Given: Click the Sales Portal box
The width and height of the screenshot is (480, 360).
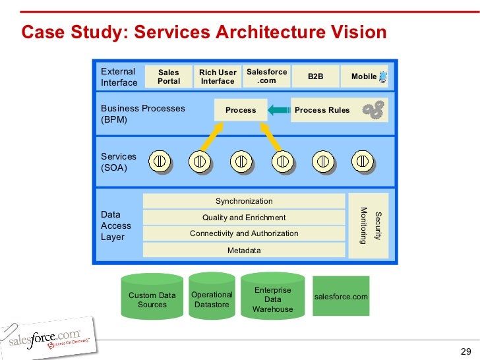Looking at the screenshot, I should pyautogui.click(x=169, y=76).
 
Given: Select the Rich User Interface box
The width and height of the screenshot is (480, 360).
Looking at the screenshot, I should pyautogui.click(x=218, y=76).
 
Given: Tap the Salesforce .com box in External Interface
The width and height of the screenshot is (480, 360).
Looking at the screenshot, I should pyautogui.click(x=267, y=76).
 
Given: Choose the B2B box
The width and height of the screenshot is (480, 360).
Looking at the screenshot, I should pyautogui.click(x=316, y=76).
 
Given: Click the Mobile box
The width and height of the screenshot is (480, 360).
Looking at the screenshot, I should pyautogui.click(x=365, y=76).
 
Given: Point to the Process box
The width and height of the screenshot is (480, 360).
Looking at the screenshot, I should pyautogui.click(x=241, y=110).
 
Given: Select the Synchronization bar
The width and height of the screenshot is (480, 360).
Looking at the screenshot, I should pyautogui.click(x=244, y=201).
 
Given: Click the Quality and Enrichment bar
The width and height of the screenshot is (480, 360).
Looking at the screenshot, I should pyautogui.click(x=244, y=218).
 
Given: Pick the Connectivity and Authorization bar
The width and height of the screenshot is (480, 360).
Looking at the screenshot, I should pyautogui.click(x=244, y=233).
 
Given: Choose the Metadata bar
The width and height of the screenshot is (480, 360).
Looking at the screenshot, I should pyautogui.click(x=244, y=251).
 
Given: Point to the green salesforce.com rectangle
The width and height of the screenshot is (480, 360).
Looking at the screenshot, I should pyautogui.click(x=341, y=297).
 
